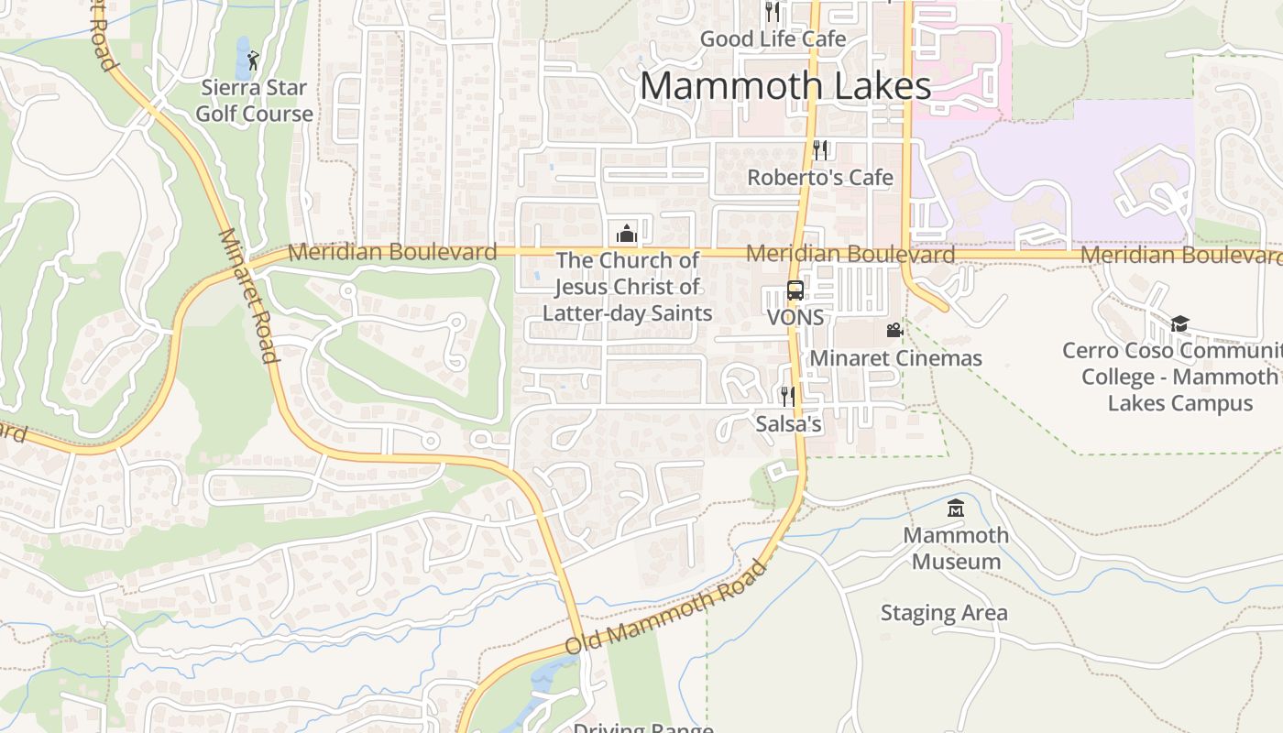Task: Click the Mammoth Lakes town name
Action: point(785,86)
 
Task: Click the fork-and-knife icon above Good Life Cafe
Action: point(773,12)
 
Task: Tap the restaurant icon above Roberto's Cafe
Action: point(820,149)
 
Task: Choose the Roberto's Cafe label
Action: point(820,177)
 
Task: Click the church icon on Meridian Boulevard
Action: point(627,233)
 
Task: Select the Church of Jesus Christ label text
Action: point(628,287)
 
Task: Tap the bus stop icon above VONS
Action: point(795,290)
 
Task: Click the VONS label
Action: point(795,318)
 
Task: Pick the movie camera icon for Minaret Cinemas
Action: point(894,331)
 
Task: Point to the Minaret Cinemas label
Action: point(896,358)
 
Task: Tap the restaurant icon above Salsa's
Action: point(787,397)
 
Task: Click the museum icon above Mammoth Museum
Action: point(956,508)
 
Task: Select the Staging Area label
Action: point(944,613)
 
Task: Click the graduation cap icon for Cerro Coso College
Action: point(1179,323)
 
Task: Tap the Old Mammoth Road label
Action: point(665,607)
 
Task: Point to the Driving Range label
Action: point(643,728)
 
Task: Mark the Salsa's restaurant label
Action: point(788,424)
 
